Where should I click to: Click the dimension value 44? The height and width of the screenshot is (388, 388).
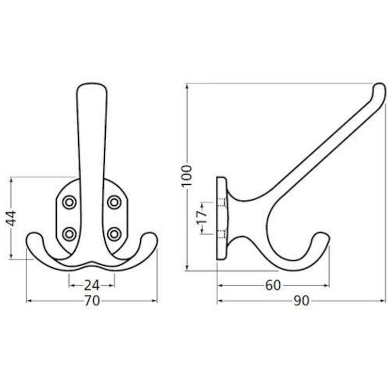11,218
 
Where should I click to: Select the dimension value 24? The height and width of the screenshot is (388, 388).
92,285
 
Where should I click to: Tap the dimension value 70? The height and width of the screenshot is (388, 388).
92,301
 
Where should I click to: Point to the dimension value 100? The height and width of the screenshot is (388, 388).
187,176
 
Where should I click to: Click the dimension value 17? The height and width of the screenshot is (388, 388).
202,218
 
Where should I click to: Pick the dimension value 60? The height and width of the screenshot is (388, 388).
273,285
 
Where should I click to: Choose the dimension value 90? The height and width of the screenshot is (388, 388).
302,301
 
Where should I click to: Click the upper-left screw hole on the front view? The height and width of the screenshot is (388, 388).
69,202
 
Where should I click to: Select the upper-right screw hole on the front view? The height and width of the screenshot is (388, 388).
114,202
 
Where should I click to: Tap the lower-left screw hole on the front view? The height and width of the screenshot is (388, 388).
69,234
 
